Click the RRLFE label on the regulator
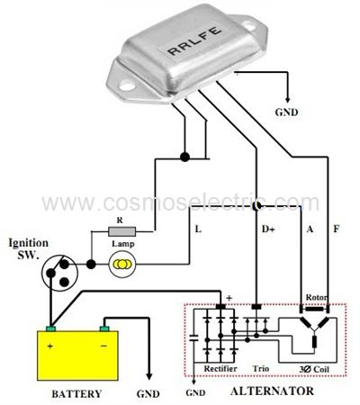(194, 40)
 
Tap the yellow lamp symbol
(122, 264)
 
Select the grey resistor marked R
(121, 231)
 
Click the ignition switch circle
(59, 273)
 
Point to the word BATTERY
(76, 393)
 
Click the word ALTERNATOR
(272, 391)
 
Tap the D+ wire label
(268, 229)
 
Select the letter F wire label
(337, 229)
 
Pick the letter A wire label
(310, 229)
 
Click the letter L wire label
(198, 229)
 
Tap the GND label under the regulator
(286, 112)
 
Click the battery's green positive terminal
(51, 328)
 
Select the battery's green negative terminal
(104, 328)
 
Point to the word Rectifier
(220, 369)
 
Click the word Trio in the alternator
(260, 368)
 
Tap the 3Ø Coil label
(314, 369)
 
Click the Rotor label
(316, 297)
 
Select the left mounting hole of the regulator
(127, 85)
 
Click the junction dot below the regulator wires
(184, 157)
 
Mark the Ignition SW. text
(28, 248)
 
